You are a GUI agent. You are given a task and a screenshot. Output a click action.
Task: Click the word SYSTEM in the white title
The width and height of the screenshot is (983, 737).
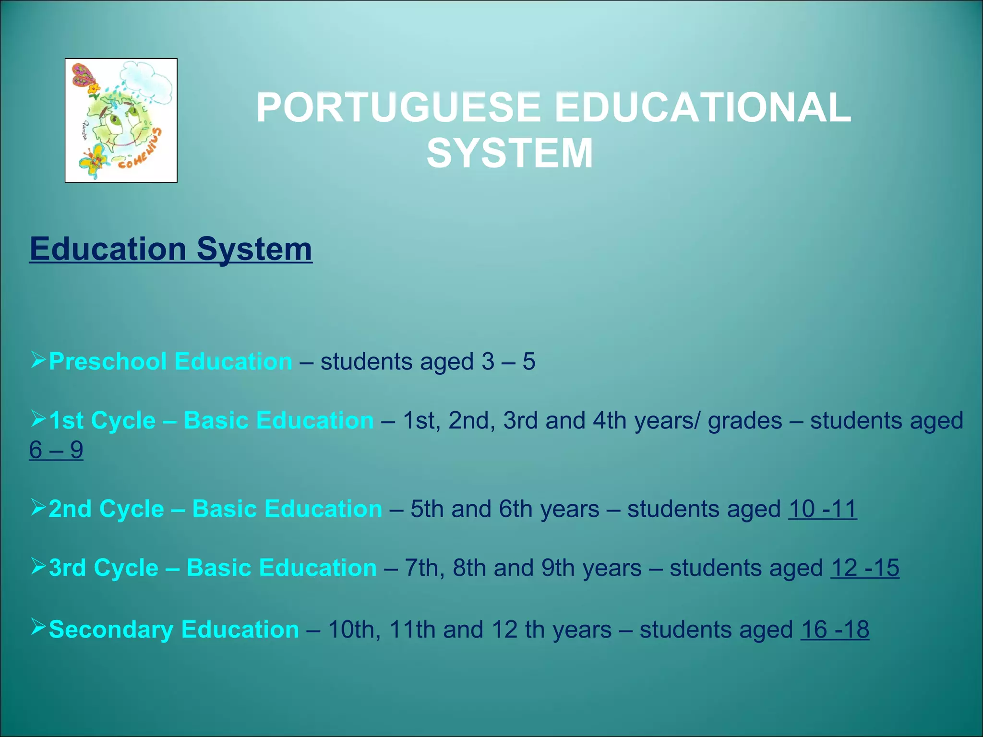click(x=510, y=153)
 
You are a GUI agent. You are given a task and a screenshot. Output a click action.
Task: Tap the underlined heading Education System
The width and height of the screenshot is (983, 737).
click(x=171, y=249)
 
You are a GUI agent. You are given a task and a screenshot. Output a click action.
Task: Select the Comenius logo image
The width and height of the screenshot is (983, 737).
click(x=121, y=120)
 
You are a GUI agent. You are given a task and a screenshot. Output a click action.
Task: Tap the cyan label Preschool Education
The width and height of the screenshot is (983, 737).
click(x=170, y=361)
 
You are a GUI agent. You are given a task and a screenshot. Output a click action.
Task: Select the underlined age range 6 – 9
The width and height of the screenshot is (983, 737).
click(x=56, y=450)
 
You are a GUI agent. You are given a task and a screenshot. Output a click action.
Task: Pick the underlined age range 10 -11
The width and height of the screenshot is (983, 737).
click(x=823, y=509)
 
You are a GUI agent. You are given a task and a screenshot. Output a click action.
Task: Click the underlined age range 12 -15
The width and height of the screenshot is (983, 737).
click(x=864, y=568)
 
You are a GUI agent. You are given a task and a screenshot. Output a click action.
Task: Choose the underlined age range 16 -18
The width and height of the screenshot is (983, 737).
click(x=835, y=630)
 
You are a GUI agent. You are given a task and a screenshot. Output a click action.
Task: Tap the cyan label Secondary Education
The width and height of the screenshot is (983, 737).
click(x=174, y=630)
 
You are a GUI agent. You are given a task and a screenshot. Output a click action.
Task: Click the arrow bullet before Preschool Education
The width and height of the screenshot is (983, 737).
click(x=38, y=359)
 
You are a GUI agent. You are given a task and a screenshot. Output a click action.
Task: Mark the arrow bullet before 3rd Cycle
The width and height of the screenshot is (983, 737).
click(x=38, y=566)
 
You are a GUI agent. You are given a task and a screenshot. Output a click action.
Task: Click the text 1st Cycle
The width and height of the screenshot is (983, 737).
click(x=102, y=421)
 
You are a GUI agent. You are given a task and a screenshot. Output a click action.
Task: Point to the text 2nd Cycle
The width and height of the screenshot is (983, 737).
click(x=106, y=509)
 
